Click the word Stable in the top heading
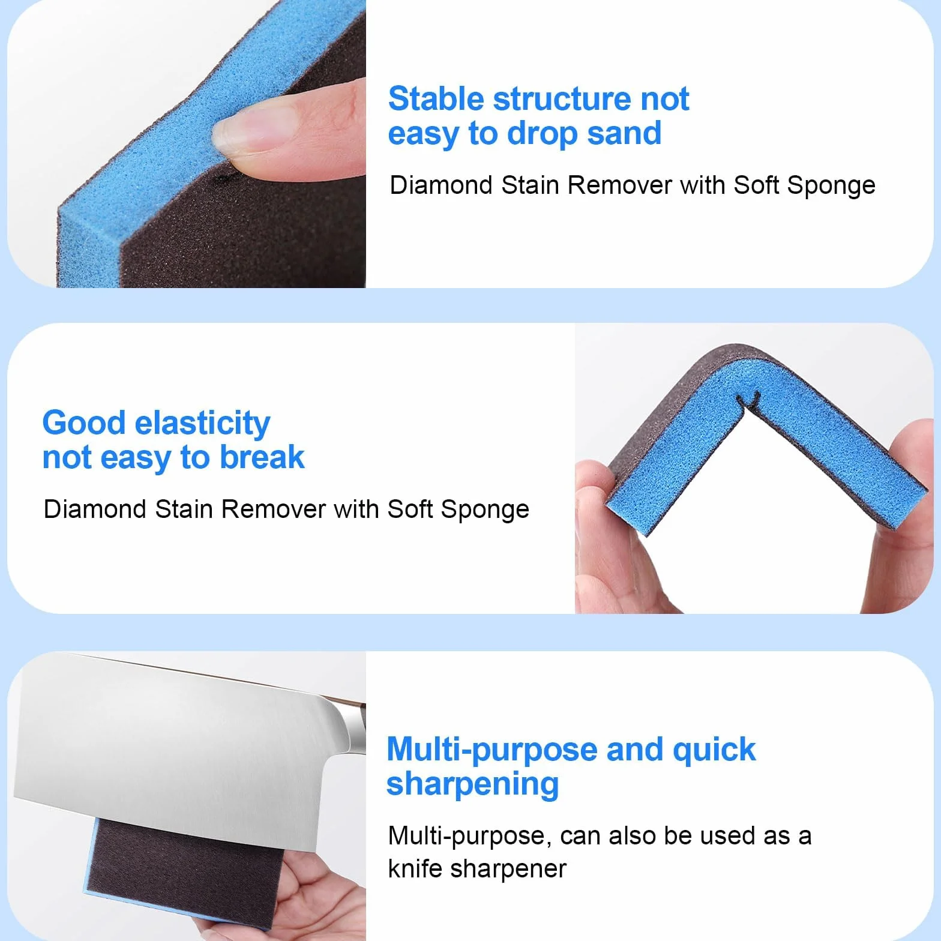(x=436, y=99)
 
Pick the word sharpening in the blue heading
(x=472, y=784)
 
